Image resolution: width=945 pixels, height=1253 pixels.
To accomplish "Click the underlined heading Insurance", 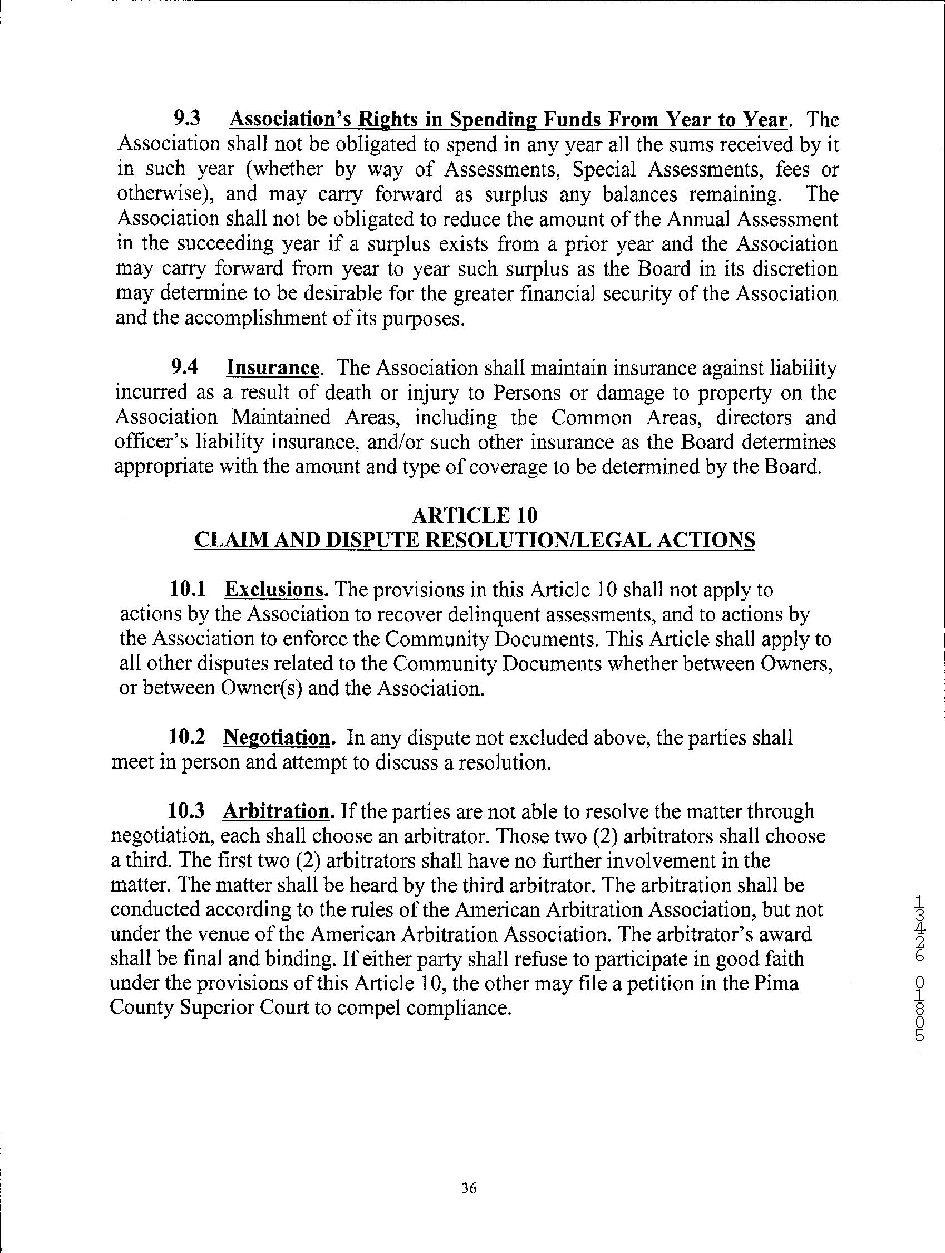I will click(272, 368).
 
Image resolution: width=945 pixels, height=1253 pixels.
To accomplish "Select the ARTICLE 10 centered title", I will click(475, 516).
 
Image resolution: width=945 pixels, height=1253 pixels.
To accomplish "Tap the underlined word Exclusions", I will click(275, 590).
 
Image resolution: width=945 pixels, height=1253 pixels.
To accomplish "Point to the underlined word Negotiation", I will click(277, 737).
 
